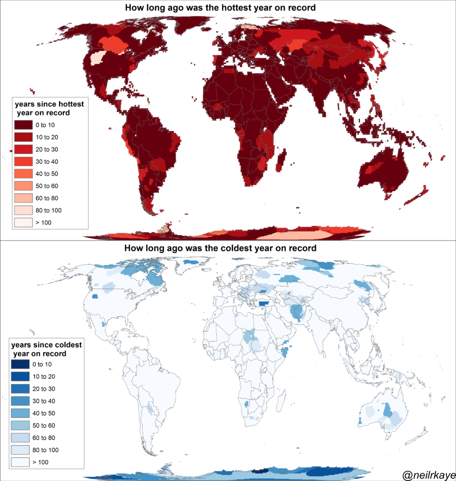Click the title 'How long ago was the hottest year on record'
tap(220, 8)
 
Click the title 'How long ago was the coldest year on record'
tap(220, 248)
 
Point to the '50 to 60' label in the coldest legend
tap(44, 426)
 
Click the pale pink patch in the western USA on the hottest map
tap(98, 58)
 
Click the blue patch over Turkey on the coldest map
tap(265, 303)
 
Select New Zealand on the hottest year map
tap(417, 196)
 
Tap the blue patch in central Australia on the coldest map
tap(388, 410)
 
